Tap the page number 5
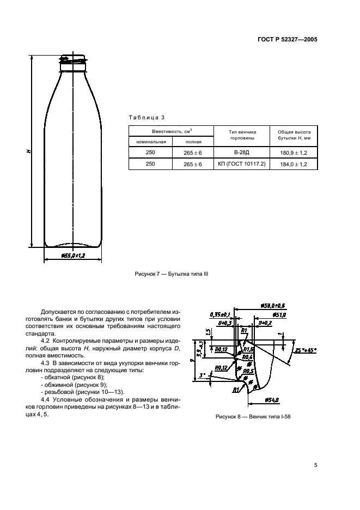pyautogui.click(x=315, y=465)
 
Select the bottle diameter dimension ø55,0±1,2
pyautogui.click(x=72, y=255)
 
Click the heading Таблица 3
pyautogui.click(x=146, y=117)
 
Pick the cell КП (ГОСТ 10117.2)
pyautogui.click(x=241, y=163)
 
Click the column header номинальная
pyautogui.click(x=150, y=142)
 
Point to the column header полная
pyautogui.click(x=193, y=142)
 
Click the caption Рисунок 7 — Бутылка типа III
pyautogui.click(x=171, y=275)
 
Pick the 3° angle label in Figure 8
pyautogui.click(x=202, y=376)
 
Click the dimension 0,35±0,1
pyautogui.click(x=220, y=314)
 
